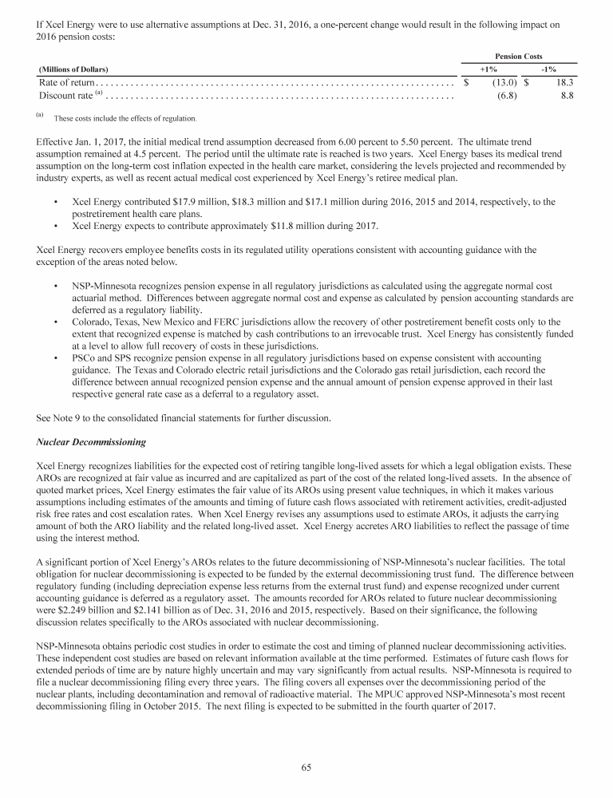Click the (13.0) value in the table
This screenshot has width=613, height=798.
504,82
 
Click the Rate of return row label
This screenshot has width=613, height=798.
67,82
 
